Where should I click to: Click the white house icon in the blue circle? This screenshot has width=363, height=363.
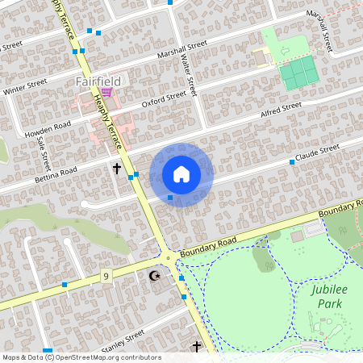click(181, 174)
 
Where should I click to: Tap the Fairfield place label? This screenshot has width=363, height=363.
click(98, 81)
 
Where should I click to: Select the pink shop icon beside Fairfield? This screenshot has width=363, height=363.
click(106, 93)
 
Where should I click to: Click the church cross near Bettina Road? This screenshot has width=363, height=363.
click(117, 169)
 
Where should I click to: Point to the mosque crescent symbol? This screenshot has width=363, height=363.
click(155, 276)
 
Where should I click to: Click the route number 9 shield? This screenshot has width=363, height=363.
click(106, 277)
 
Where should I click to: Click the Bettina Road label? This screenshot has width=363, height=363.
click(56, 173)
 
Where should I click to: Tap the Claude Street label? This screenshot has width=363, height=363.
click(317, 153)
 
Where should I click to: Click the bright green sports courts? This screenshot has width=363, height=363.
click(298, 73)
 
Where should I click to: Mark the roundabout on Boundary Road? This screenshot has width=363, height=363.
click(168, 258)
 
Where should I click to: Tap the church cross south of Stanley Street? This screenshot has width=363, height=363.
click(196, 347)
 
